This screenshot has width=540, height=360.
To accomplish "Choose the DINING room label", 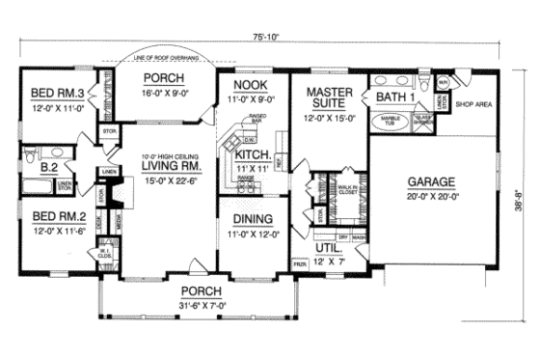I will coord(244,219).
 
